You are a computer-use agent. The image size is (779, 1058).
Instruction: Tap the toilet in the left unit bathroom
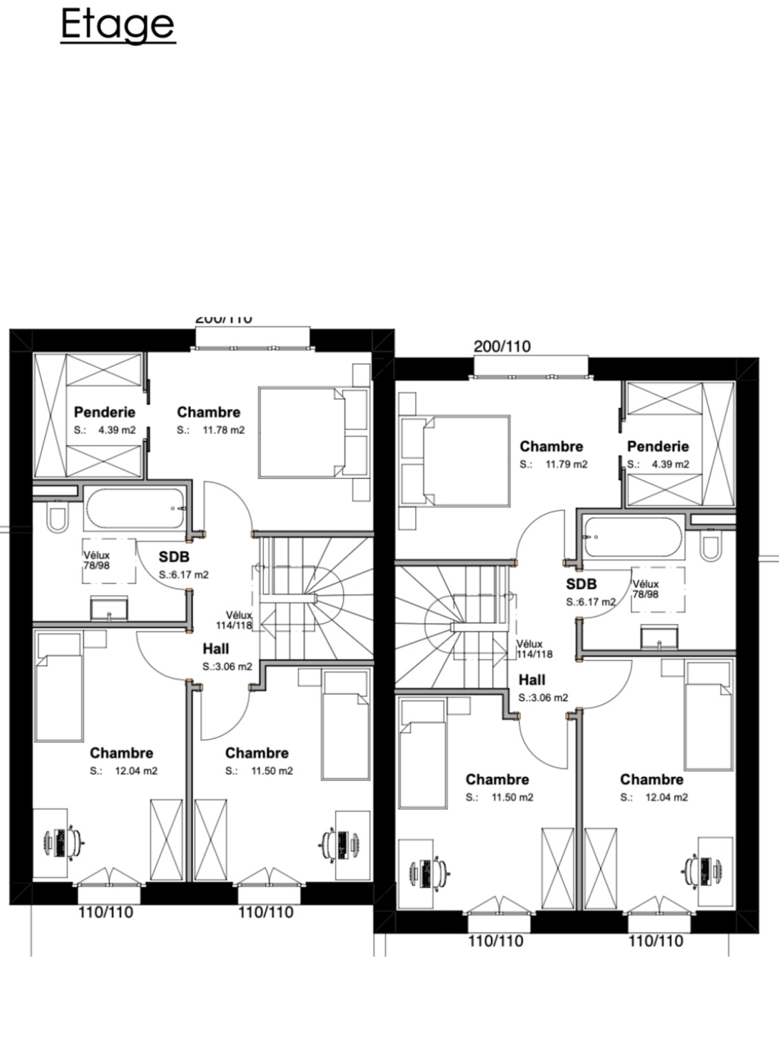[56, 518]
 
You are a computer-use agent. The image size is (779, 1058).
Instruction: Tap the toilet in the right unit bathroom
[709, 546]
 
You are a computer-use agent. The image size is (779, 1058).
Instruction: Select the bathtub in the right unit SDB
[633, 537]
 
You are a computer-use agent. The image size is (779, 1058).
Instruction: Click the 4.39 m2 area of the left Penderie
[116, 431]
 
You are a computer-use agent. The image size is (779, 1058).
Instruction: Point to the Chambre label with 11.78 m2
[208, 413]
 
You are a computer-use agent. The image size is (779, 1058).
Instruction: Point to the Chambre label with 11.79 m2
[551, 446]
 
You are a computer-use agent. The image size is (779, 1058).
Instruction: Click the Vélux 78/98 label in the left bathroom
[97, 561]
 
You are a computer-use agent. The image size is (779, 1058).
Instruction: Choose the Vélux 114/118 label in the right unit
[534, 649]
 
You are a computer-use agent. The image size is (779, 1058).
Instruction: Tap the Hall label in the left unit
[216, 649]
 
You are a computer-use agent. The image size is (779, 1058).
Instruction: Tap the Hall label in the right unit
[532, 680]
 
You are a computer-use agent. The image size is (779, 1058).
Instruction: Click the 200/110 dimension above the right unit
[502, 346]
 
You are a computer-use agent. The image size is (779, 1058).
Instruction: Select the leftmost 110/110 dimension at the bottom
[105, 913]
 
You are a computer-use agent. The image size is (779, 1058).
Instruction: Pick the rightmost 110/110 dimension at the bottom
[655, 942]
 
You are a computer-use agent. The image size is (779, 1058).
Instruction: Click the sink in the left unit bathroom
[109, 609]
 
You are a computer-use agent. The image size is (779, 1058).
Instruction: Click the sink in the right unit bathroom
[659, 637]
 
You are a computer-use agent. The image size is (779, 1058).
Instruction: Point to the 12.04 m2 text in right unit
[666, 798]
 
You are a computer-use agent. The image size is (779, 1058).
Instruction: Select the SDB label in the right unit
[581, 585]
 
